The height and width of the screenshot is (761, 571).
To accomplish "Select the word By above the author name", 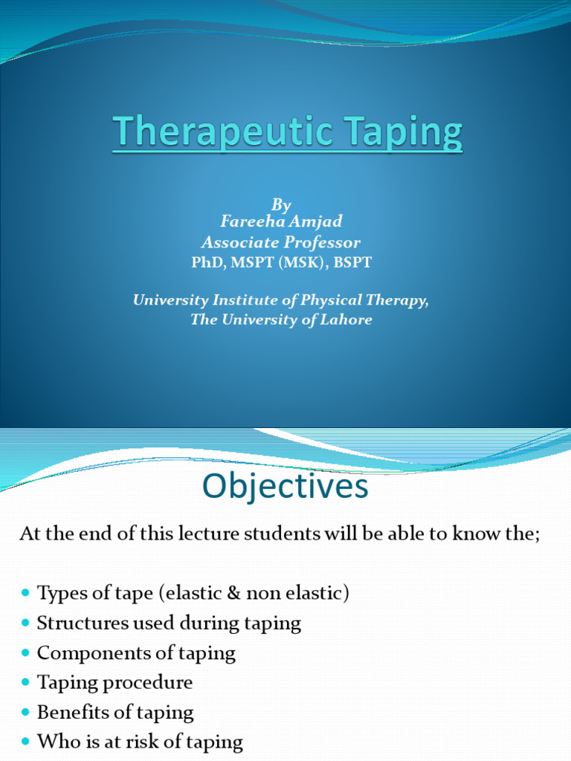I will pyautogui.click(x=281, y=204).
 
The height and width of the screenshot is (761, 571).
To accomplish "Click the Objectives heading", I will pyautogui.click(x=285, y=488).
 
